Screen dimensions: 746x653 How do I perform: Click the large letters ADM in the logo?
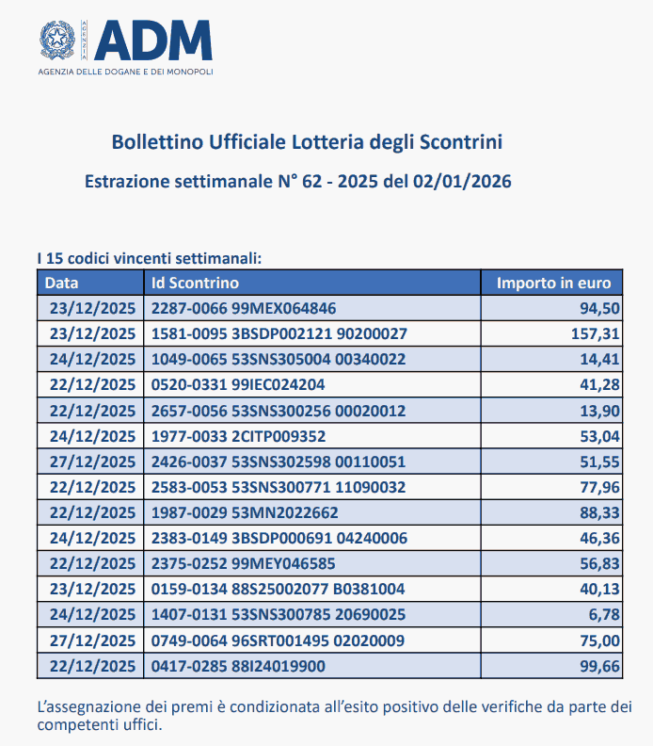(x=154, y=40)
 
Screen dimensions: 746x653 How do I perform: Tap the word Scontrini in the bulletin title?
(x=460, y=142)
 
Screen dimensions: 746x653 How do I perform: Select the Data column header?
(x=62, y=283)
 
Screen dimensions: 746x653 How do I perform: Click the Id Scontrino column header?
(x=196, y=283)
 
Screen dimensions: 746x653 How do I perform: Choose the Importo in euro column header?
(x=553, y=283)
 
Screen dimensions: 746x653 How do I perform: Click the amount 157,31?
(x=595, y=333)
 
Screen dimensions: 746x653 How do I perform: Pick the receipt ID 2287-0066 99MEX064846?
(x=244, y=308)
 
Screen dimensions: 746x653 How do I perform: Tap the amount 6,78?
(x=602, y=614)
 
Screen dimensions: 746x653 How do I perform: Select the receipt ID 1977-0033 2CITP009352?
(x=239, y=435)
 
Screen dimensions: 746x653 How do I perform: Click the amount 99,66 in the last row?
(x=598, y=665)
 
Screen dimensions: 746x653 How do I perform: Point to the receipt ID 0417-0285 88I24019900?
(x=238, y=665)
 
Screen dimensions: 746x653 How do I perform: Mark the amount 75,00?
(x=598, y=640)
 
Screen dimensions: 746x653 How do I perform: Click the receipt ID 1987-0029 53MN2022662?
(x=244, y=512)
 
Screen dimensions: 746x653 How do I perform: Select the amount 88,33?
(x=598, y=512)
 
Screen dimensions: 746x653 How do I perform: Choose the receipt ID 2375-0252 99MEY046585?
(x=243, y=563)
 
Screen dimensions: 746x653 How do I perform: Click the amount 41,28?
(x=598, y=384)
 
